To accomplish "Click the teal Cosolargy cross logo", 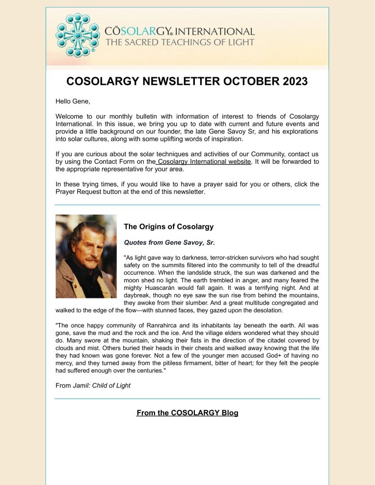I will [x=78, y=35].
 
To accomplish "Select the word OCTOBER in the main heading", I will [x=239, y=81].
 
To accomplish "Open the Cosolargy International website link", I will [x=204, y=162].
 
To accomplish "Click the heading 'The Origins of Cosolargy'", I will [x=168, y=227].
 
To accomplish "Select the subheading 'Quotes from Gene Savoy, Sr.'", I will [x=169, y=242].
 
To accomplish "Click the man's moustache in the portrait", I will [x=90, y=259].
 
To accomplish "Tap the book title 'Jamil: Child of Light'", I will [x=101, y=386].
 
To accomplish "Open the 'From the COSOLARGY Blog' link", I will [x=187, y=413].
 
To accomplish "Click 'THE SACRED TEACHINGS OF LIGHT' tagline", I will [x=180, y=42].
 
